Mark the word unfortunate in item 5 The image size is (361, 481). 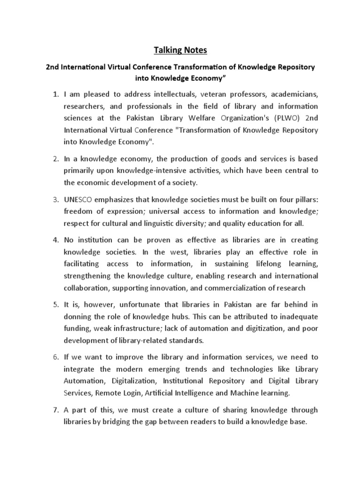coord(141,303)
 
